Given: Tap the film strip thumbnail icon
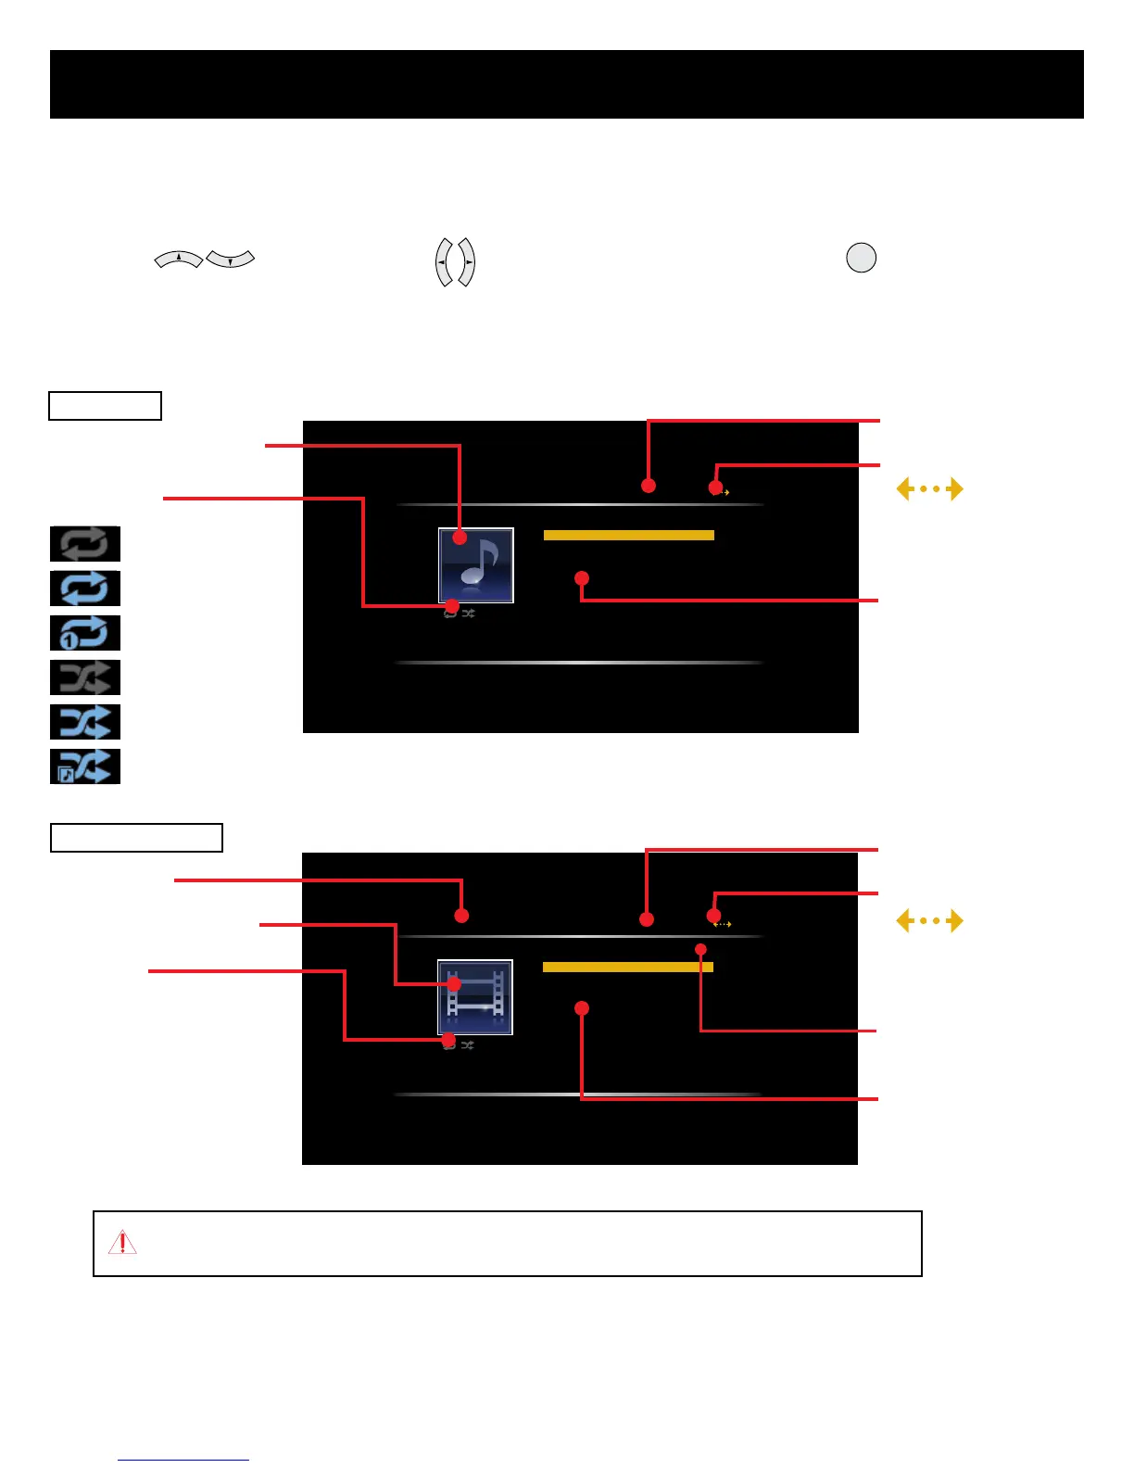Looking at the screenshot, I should click(475, 997).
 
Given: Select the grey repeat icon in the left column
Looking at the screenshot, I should click(85, 544).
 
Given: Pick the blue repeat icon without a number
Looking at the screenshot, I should click(85, 588).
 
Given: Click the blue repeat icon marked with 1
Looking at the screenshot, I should click(85, 633).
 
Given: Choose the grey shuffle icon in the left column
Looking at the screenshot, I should click(85, 677).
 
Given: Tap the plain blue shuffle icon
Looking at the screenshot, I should click(85, 722).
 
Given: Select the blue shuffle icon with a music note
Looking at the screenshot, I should click(85, 766).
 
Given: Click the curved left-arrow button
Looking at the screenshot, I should click(444, 262).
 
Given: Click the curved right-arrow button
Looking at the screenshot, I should click(467, 262).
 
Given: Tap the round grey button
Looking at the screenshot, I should click(862, 258).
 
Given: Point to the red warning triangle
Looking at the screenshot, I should click(122, 1243).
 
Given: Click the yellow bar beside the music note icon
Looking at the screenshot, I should click(628, 535).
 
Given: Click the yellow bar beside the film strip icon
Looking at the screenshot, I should click(627, 967).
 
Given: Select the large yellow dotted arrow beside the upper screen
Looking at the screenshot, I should click(929, 488).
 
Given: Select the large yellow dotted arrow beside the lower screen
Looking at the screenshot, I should click(929, 920).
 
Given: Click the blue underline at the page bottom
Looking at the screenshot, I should click(183, 1460).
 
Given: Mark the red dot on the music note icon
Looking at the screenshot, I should click(460, 538).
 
